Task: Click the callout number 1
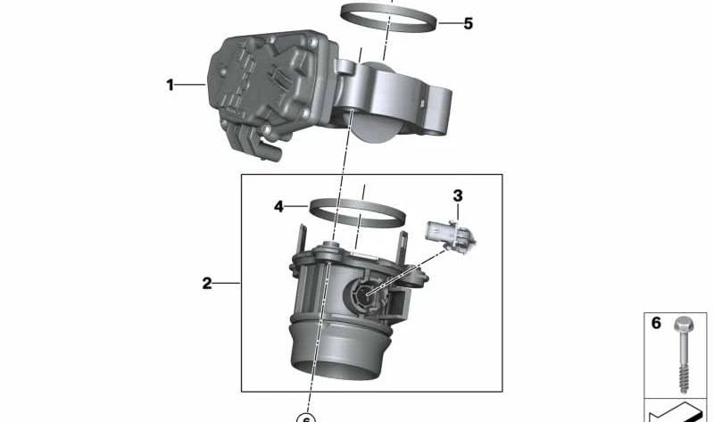pos(170,86)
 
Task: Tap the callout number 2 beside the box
pos(206,284)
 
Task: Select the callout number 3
pos(458,195)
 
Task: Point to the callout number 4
pos(278,207)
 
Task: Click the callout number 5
pos(468,24)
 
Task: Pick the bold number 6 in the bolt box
pos(656,324)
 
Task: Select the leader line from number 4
pos(297,207)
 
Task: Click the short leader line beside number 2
pos(228,284)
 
